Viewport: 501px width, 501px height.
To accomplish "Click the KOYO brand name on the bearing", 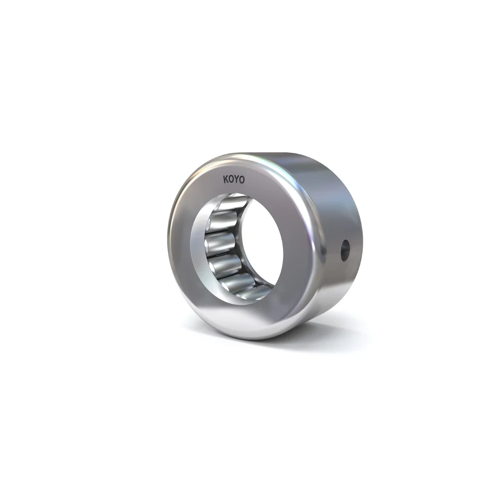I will (x=233, y=179).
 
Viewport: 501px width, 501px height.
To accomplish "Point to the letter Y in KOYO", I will (x=236, y=179).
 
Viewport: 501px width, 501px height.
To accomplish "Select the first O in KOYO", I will (x=231, y=179).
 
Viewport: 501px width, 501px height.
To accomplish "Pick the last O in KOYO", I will (x=242, y=179).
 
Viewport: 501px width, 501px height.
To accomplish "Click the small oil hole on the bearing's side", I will (x=345, y=250).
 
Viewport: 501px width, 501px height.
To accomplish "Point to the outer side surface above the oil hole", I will (x=341, y=200).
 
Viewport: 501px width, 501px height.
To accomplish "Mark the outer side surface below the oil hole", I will (x=341, y=291).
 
